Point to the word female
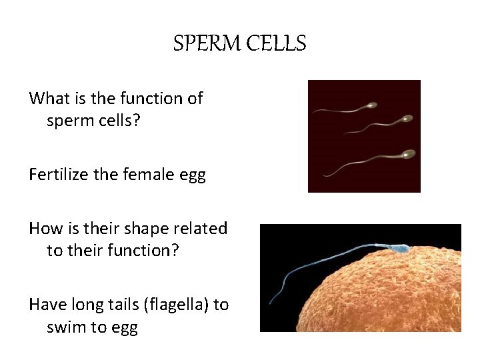[143, 175]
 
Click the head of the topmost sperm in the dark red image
[371, 105]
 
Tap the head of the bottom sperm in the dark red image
[408, 155]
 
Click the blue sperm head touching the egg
[401, 250]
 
